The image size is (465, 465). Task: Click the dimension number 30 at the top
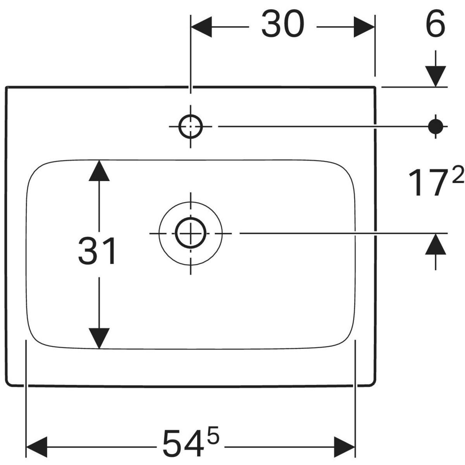283,24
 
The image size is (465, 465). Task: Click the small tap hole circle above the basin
191,126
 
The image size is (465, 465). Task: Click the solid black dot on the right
436,126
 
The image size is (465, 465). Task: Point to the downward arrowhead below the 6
436,76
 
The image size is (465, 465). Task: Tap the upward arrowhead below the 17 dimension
436,245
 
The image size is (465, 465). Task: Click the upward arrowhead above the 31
99,171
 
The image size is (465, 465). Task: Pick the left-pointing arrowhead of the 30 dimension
202,27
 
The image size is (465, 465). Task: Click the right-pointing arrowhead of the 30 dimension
364,27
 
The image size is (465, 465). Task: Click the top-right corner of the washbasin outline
375,88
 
